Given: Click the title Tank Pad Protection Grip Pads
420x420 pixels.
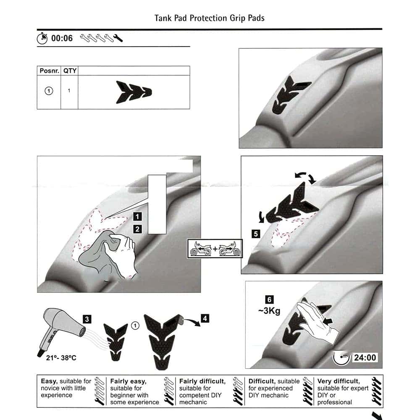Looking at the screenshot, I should pos(210,18).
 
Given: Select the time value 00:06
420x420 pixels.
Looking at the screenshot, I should pos(62,38).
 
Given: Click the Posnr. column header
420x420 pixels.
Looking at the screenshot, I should pos(49,71).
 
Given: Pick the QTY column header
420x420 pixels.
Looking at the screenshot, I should pos(70,71).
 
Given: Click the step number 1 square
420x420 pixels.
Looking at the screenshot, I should pos(137,217).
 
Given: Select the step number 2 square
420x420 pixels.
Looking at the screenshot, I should pos(137,229).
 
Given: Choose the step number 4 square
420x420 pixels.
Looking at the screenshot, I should pos(205,318).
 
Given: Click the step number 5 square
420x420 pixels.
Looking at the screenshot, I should pos(256,234).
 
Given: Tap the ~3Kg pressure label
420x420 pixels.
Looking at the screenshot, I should pos(269,311).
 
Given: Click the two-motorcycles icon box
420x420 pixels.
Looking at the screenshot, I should pos(215,249).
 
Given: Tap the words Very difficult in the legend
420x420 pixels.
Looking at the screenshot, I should pos(339,381).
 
